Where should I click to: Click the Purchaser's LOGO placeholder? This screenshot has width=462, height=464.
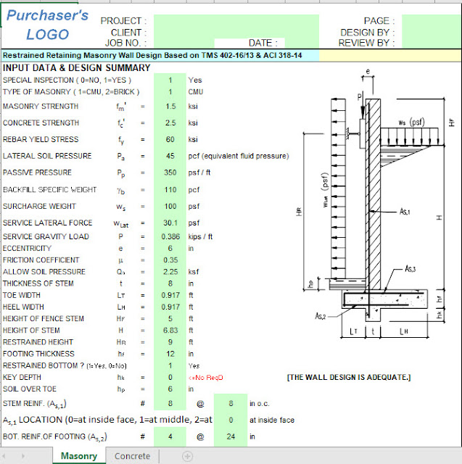[x=47, y=25]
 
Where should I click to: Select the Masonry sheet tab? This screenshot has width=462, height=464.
[x=78, y=456]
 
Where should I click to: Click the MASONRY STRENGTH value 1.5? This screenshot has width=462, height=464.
[x=170, y=106]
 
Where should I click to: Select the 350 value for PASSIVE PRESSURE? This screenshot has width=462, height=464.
[x=170, y=173]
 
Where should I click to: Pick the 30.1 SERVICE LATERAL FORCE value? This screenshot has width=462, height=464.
[x=170, y=224]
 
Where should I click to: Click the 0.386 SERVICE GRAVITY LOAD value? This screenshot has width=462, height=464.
[x=170, y=237]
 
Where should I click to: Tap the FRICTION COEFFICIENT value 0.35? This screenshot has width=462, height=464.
[x=170, y=260]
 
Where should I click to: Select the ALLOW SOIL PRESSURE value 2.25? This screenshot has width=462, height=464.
[x=170, y=272]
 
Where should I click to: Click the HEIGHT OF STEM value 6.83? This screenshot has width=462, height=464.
[x=170, y=330]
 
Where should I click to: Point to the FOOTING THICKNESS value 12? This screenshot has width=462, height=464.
[x=170, y=353]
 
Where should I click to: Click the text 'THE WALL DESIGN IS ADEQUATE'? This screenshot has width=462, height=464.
[x=349, y=377]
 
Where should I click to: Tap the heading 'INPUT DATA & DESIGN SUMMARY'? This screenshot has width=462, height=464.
[x=77, y=68]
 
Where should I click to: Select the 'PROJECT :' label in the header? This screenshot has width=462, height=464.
[x=123, y=22]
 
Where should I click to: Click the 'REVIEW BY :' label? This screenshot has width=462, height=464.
[x=367, y=43]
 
